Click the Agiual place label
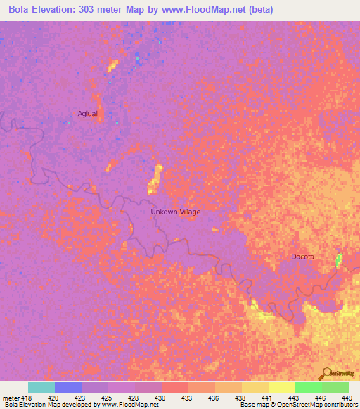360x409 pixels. click(87, 113)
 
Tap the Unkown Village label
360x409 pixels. click(176, 212)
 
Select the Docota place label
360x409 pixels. click(302, 257)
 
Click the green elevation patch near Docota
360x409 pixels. click(338, 261)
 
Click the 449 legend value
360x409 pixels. click(346, 396)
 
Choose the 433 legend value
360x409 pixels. click(186, 396)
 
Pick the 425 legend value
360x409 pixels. click(106, 396)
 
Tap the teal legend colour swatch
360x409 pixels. click(41, 387)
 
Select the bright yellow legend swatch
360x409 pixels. click(282, 387)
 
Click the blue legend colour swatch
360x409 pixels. click(68, 387)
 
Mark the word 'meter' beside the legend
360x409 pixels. click(10, 396)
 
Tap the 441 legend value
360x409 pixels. click(266, 396)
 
